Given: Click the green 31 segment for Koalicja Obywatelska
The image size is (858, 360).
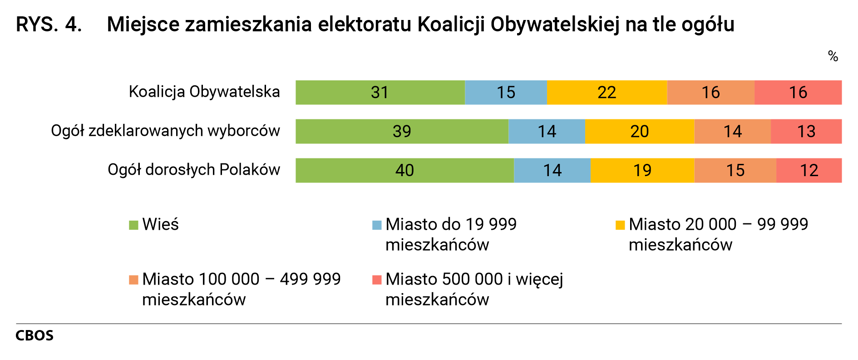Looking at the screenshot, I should coord(380,93).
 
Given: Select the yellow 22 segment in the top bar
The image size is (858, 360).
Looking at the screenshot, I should coord(607,93).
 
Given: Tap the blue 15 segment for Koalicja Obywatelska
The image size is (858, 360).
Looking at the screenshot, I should coord(506,93).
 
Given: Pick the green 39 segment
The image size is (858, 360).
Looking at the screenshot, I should coord(402,132).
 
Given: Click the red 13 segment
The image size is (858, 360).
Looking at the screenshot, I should coord(806,132).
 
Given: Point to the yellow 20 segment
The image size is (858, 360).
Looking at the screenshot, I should coord(639,132).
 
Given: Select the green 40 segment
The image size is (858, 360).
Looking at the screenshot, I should coord(404,171).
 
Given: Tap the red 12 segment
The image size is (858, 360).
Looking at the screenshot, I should coord(809,171).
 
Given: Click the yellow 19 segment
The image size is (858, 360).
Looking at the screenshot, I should coord(642,171).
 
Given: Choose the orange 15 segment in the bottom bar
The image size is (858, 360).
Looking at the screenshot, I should coord(735,171).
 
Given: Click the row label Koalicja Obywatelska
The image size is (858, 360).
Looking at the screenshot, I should coord(204,92).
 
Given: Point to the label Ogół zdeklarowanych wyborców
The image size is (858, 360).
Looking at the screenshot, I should coord(165,131).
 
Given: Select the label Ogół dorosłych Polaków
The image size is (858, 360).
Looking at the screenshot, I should coord(194,170).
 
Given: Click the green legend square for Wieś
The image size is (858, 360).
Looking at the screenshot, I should coord(133,225).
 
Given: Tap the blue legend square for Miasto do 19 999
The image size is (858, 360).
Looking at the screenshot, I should coord(377,225).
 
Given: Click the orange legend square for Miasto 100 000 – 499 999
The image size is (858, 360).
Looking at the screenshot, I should coord(133,280).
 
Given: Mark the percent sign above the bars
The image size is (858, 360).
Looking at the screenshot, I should coord(833,56).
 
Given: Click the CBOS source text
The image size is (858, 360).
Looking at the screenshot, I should coord(35,336).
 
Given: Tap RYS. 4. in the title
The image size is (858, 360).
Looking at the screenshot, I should coord(49,25).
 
